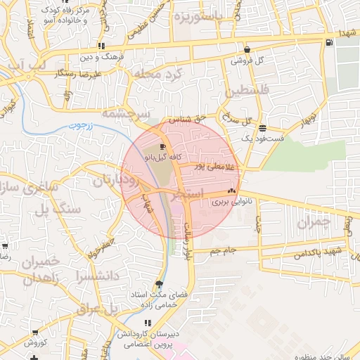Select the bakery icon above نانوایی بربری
point(231,191)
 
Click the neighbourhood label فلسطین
point(247,91)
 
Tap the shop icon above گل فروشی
point(247,50)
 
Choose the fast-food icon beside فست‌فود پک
point(262,128)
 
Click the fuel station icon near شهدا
point(329,44)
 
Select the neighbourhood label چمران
point(314,223)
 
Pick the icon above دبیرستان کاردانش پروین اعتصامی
point(148,323)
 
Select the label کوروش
point(35,343)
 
